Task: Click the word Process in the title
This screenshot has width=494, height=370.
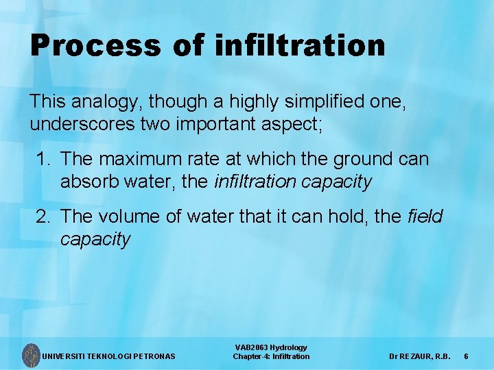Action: coord(94,47)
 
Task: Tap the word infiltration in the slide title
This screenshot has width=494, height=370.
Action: coord(299,45)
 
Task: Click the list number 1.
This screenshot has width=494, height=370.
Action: coord(42,160)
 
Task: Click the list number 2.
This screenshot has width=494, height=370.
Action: coord(42,217)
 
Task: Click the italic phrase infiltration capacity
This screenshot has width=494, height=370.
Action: coord(293,182)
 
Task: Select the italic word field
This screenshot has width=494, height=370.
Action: coord(425,217)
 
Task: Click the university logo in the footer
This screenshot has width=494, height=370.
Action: coord(30,355)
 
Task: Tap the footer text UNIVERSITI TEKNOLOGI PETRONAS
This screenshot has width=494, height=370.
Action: coord(109,356)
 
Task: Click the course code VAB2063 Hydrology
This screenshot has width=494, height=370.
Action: coord(271,348)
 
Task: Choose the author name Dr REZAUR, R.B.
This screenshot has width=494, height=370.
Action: coord(419,356)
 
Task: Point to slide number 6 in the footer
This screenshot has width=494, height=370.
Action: coord(466,356)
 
